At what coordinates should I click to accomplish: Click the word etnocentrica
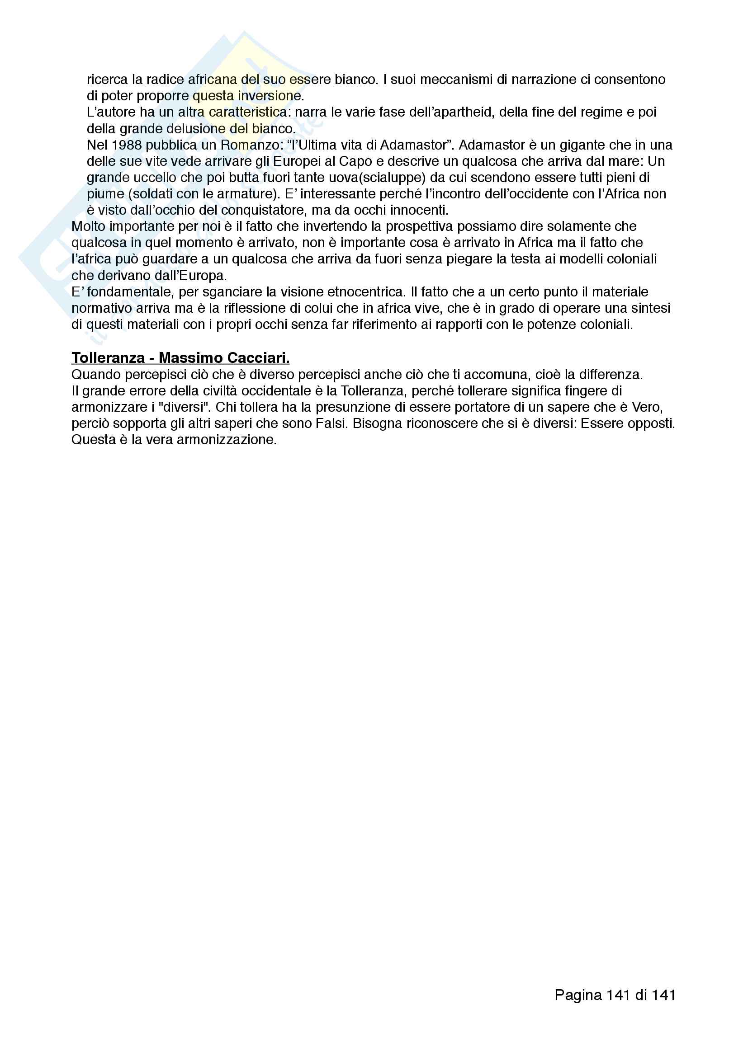[365, 292]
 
